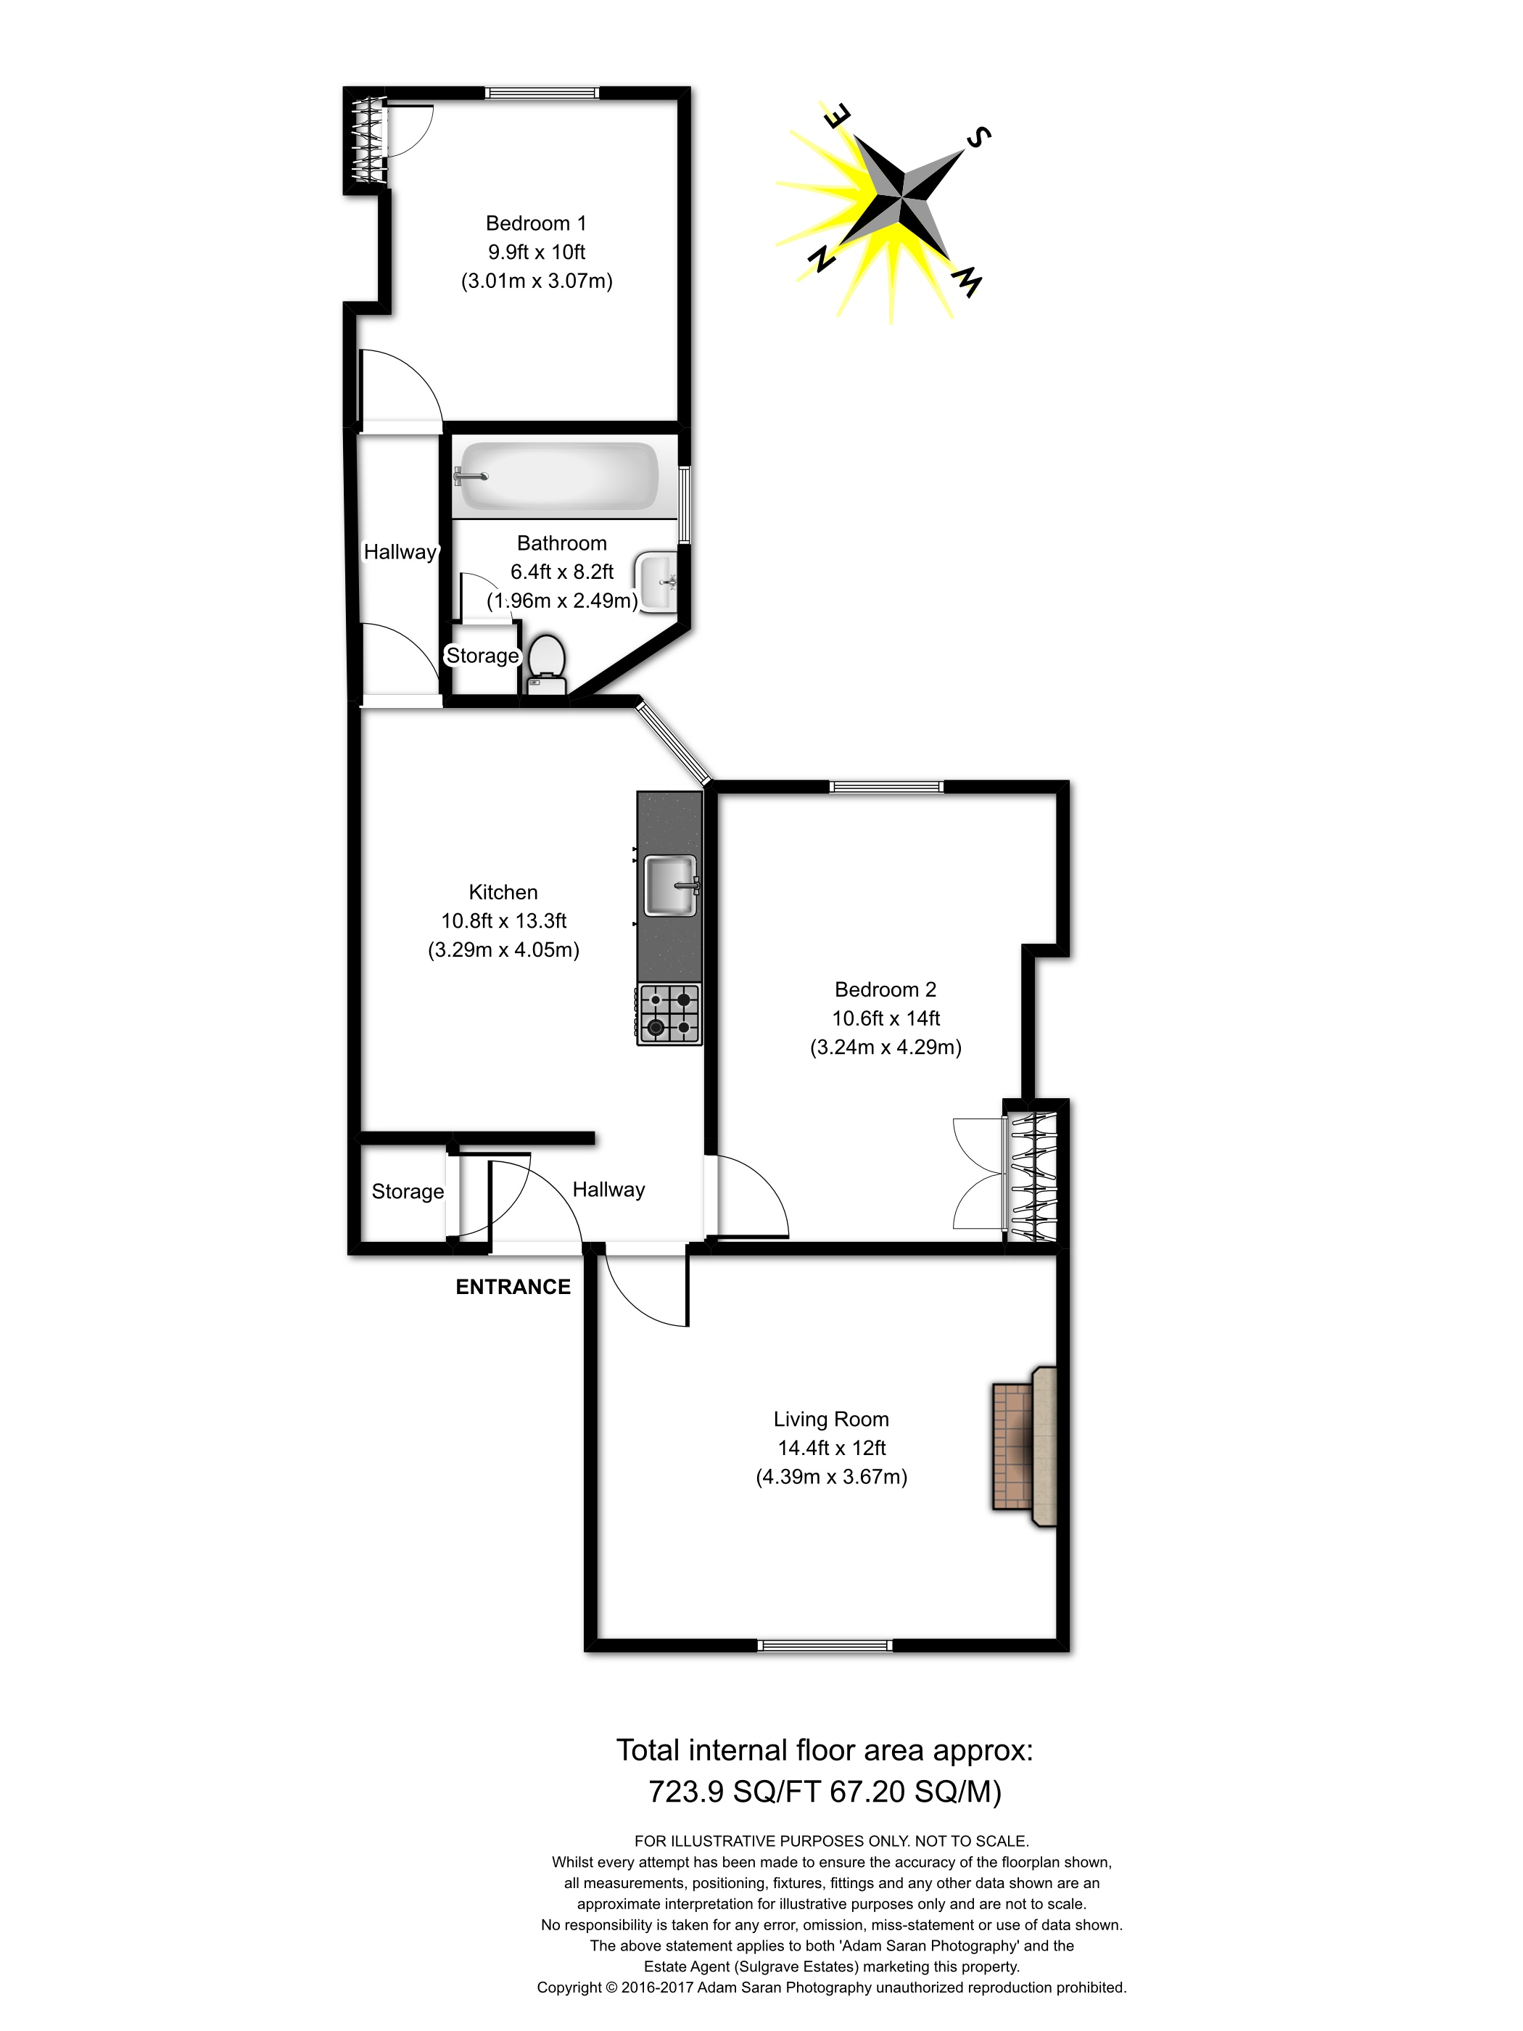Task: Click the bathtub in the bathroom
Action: pyautogui.click(x=557, y=477)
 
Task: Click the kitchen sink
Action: pyautogui.click(x=671, y=885)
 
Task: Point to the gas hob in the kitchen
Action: pyautogui.click(x=669, y=1013)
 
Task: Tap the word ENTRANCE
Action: pyautogui.click(x=513, y=1286)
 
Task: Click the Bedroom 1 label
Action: pyautogui.click(x=536, y=223)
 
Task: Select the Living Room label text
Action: pyautogui.click(x=831, y=1419)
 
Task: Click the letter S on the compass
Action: pyautogui.click(x=978, y=137)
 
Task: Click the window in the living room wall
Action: pyautogui.click(x=825, y=1645)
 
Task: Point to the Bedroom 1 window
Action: pyautogui.click(x=542, y=93)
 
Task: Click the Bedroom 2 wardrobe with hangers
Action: pyautogui.click(x=1033, y=1177)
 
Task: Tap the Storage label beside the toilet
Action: pyautogui.click(x=483, y=656)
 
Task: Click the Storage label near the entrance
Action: pyautogui.click(x=408, y=1191)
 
